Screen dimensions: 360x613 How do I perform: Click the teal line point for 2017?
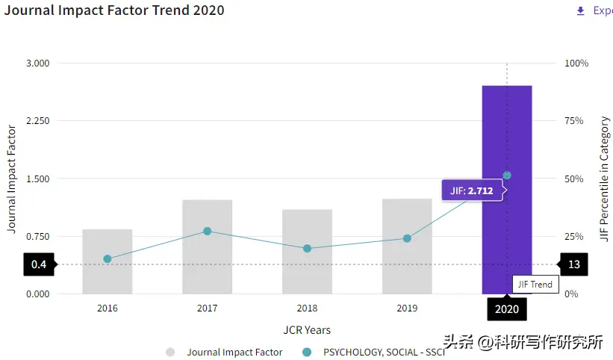[x=207, y=232]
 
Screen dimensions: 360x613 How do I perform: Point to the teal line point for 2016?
[x=107, y=259]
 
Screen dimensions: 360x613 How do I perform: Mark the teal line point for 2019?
[x=407, y=238]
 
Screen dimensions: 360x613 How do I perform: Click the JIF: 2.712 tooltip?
[x=473, y=190]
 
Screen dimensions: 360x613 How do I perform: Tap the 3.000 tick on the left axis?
[x=37, y=63]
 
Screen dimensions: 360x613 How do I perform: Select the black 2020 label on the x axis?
[x=506, y=309]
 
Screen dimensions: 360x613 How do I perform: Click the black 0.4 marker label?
[x=39, y=264]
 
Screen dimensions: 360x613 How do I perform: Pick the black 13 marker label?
[x=573, y=264]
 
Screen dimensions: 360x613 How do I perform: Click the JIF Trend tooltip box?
[x=535, y=284]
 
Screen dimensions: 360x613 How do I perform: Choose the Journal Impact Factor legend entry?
[x=224, y=352]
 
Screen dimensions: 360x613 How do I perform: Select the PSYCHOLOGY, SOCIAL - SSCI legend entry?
[x=373, y=352]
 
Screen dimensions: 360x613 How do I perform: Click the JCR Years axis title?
[x=307, y=330]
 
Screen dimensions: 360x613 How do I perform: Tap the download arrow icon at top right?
[x=580, y=10]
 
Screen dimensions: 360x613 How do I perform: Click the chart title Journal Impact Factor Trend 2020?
[x=113, y=10]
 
